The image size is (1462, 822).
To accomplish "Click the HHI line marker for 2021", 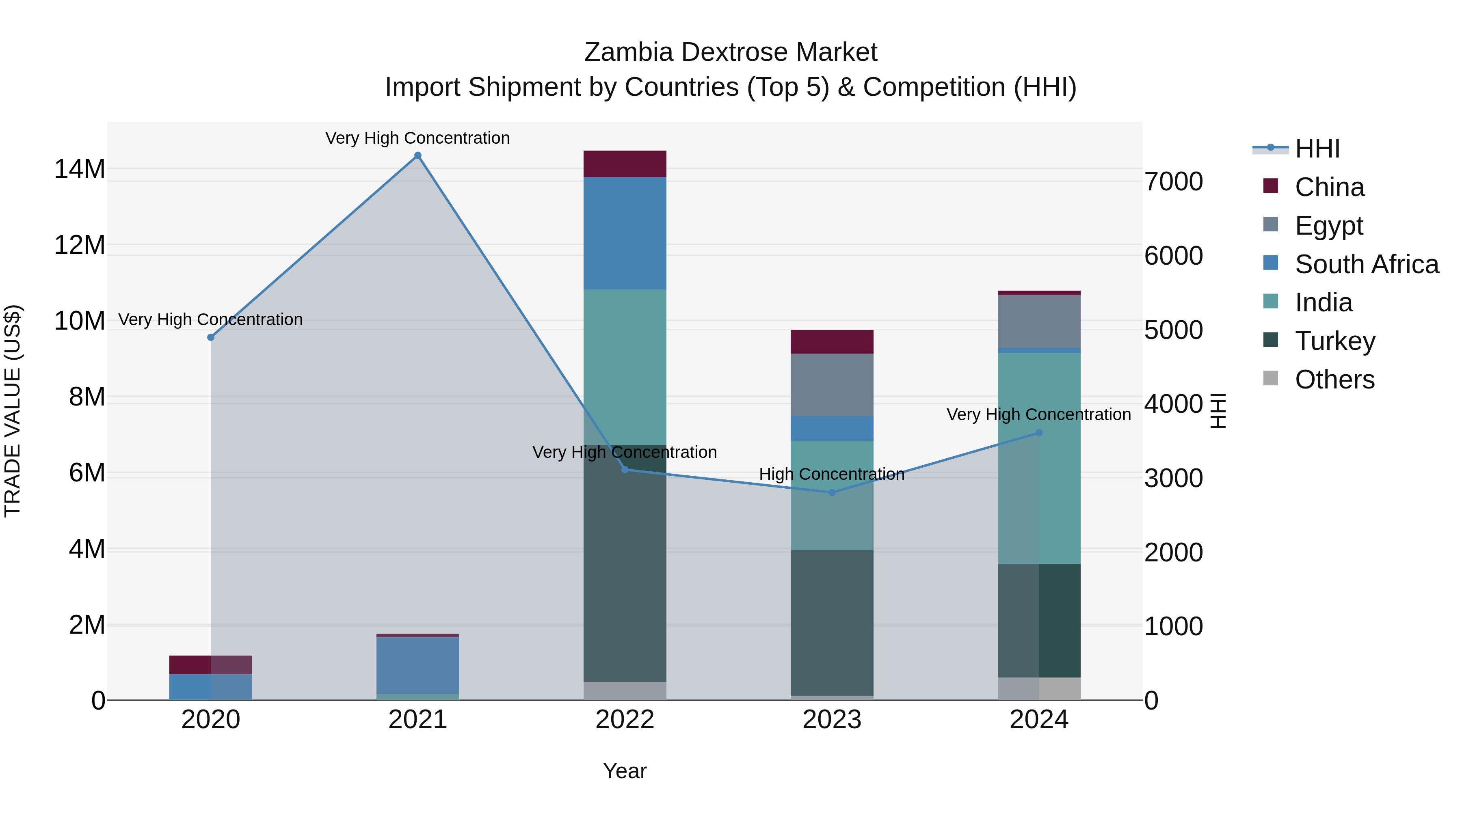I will (418, 155).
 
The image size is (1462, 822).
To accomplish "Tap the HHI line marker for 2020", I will (210, 338).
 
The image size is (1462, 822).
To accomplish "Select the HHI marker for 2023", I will (832, 492).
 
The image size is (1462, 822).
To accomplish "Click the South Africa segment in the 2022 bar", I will (625, 233).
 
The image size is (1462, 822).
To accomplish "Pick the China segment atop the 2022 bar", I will (625, 164).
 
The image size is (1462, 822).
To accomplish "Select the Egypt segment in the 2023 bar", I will (832, 385).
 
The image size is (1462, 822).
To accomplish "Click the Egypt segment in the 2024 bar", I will (1039, 321).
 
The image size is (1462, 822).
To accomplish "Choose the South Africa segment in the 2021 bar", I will (418, 665).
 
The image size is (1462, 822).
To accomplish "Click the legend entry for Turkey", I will (1335, 341).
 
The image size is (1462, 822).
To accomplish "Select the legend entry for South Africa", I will (1366, 264).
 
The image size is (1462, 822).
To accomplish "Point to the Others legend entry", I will (1334, 380).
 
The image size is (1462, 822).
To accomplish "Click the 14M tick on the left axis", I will (80, 169).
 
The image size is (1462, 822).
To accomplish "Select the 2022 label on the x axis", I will (625, 720).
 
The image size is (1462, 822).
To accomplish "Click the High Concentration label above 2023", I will (832, 474).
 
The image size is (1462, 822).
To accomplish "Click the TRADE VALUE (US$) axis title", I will (13, 411).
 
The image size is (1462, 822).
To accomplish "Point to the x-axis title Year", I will (625, 771).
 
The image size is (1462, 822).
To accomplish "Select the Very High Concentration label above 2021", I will (418, 138).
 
